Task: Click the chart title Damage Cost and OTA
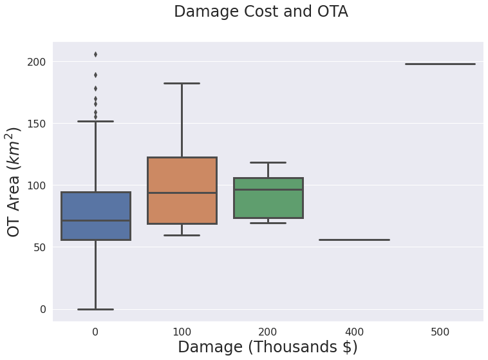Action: click(261, 12)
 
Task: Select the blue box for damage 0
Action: click(96, 216)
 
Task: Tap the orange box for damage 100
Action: click(182, 190)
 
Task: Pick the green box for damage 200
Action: click(268, 198)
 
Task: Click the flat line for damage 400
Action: click(355, 240)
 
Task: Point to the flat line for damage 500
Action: click(440, 64)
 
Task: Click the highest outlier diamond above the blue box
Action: click(95, 55)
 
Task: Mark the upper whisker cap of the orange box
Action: click(182, 84)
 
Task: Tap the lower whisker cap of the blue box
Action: click(95, 309)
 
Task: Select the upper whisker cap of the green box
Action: click(268, 162)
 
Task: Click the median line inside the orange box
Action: click(182, 193)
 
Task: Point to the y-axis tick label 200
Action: click(37, 62)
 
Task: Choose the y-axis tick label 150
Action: click(37, 124)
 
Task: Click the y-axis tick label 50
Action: click(39, 247)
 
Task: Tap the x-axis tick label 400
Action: click(355, 332)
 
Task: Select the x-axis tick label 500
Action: click(440, 332)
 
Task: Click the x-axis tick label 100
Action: click(182, 332)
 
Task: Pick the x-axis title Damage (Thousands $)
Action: click(268, 347)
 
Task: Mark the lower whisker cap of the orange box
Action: click(182, 235)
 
